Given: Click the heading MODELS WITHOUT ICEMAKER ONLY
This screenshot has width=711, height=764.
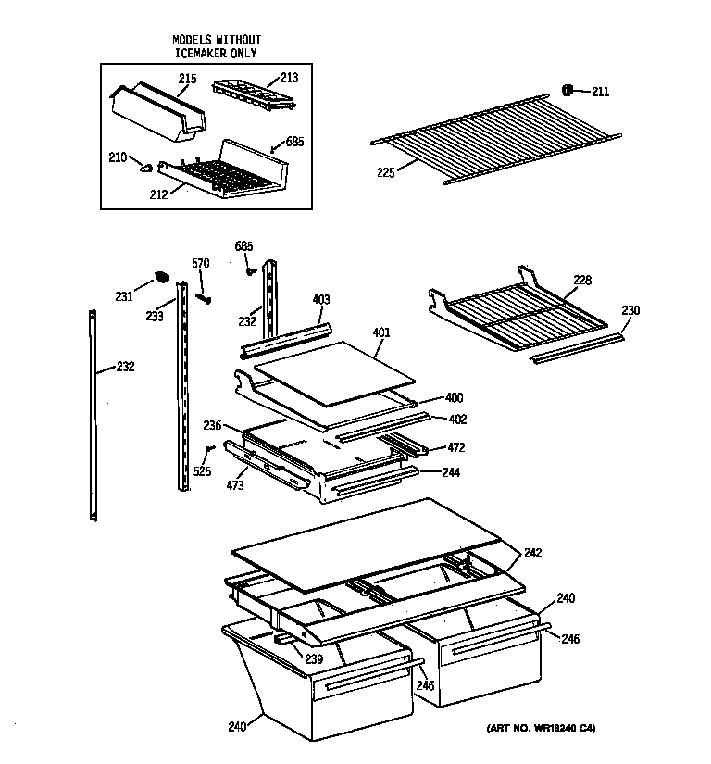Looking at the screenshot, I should [x=217, y=46].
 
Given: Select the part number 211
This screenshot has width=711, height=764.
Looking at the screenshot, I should [x=600, y=91].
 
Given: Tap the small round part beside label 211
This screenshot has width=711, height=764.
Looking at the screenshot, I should [x=568, y=90].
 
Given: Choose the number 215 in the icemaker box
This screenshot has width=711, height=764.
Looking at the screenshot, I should [x=187, y=80].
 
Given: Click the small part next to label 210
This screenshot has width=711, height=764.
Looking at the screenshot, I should [x=146, y=166].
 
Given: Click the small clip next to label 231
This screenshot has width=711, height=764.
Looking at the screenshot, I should [x=159, y=277].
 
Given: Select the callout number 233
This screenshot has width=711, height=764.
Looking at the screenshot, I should [x=154, y=315].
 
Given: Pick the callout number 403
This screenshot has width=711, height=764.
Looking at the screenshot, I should [x=321, y=299].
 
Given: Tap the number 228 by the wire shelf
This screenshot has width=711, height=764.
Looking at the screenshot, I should [x=582, y=280].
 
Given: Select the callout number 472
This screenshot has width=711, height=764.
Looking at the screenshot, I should [x=455, y=447].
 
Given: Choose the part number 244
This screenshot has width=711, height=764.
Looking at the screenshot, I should [x=451, y=471].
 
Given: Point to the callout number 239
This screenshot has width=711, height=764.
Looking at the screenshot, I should [x=315, y=658].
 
